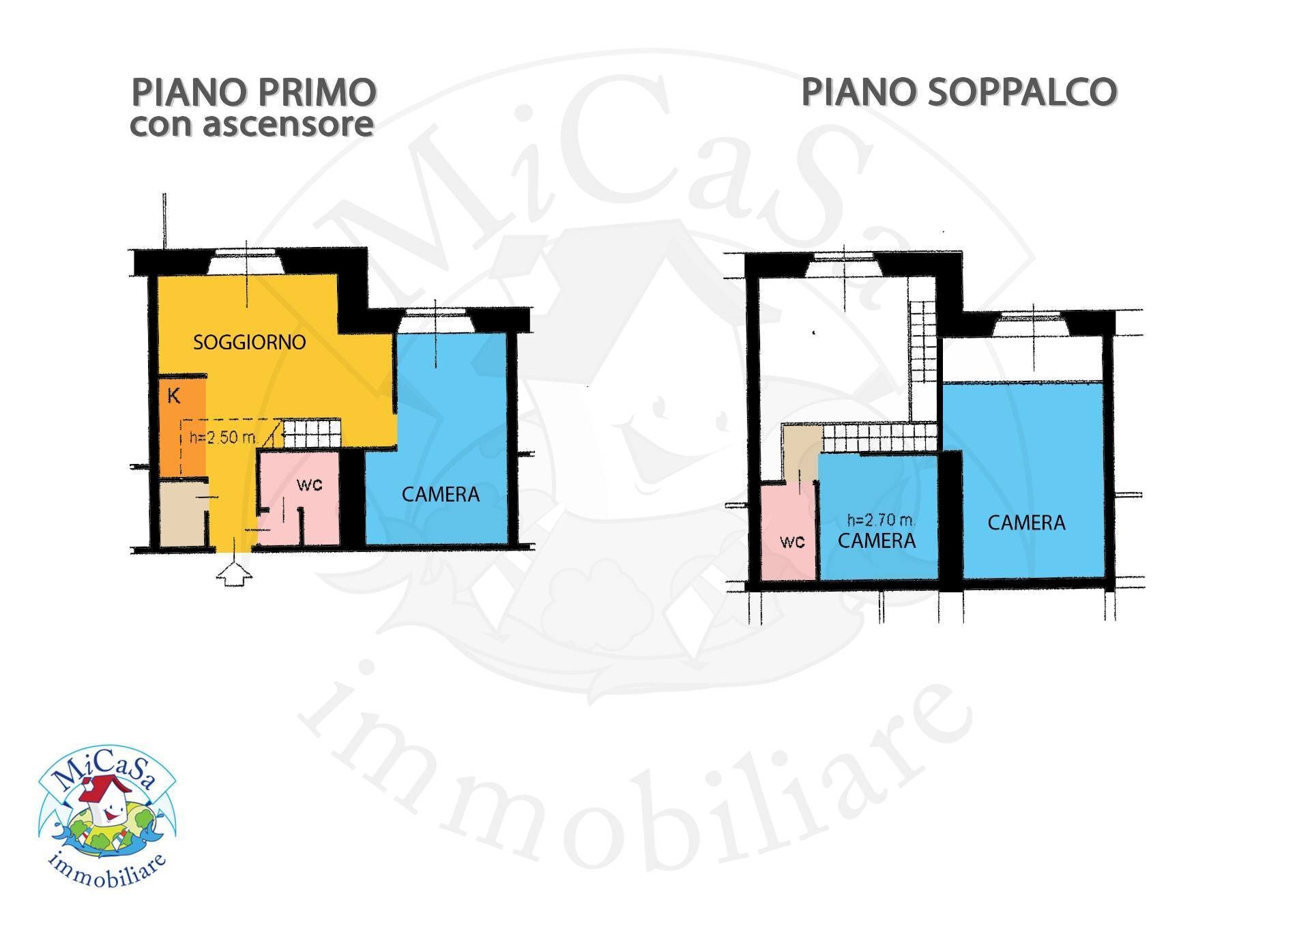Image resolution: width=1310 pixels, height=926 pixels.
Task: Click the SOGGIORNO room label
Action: coord(249,342)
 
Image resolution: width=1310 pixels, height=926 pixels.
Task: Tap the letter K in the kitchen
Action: coord(174,396)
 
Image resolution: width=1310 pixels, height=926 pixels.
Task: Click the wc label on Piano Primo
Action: coord(309,484)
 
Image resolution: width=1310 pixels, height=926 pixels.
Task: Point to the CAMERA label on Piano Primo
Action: coord(440,494)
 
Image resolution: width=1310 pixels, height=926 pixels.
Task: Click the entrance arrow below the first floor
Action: coord(233,572)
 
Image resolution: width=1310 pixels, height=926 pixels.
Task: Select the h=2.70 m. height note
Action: coord(880,520)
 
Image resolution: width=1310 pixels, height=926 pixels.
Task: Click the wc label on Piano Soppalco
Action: coord(792,541)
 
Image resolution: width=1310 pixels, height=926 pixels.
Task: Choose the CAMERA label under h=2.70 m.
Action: coord(877,541)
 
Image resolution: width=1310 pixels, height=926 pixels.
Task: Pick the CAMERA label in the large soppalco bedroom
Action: coord(1026,523)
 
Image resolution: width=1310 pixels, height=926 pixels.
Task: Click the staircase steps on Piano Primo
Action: coord(311,434)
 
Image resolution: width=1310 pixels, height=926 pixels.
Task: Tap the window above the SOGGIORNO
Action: coord(244,263)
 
